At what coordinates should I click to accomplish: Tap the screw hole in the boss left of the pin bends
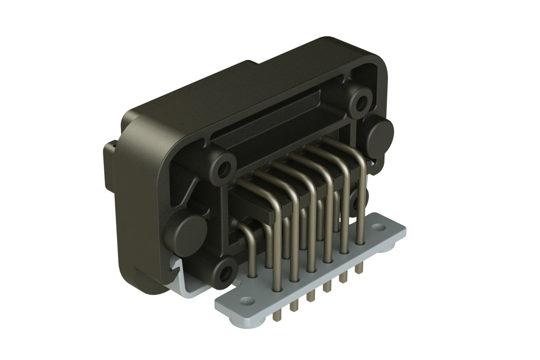tap(225, 169)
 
